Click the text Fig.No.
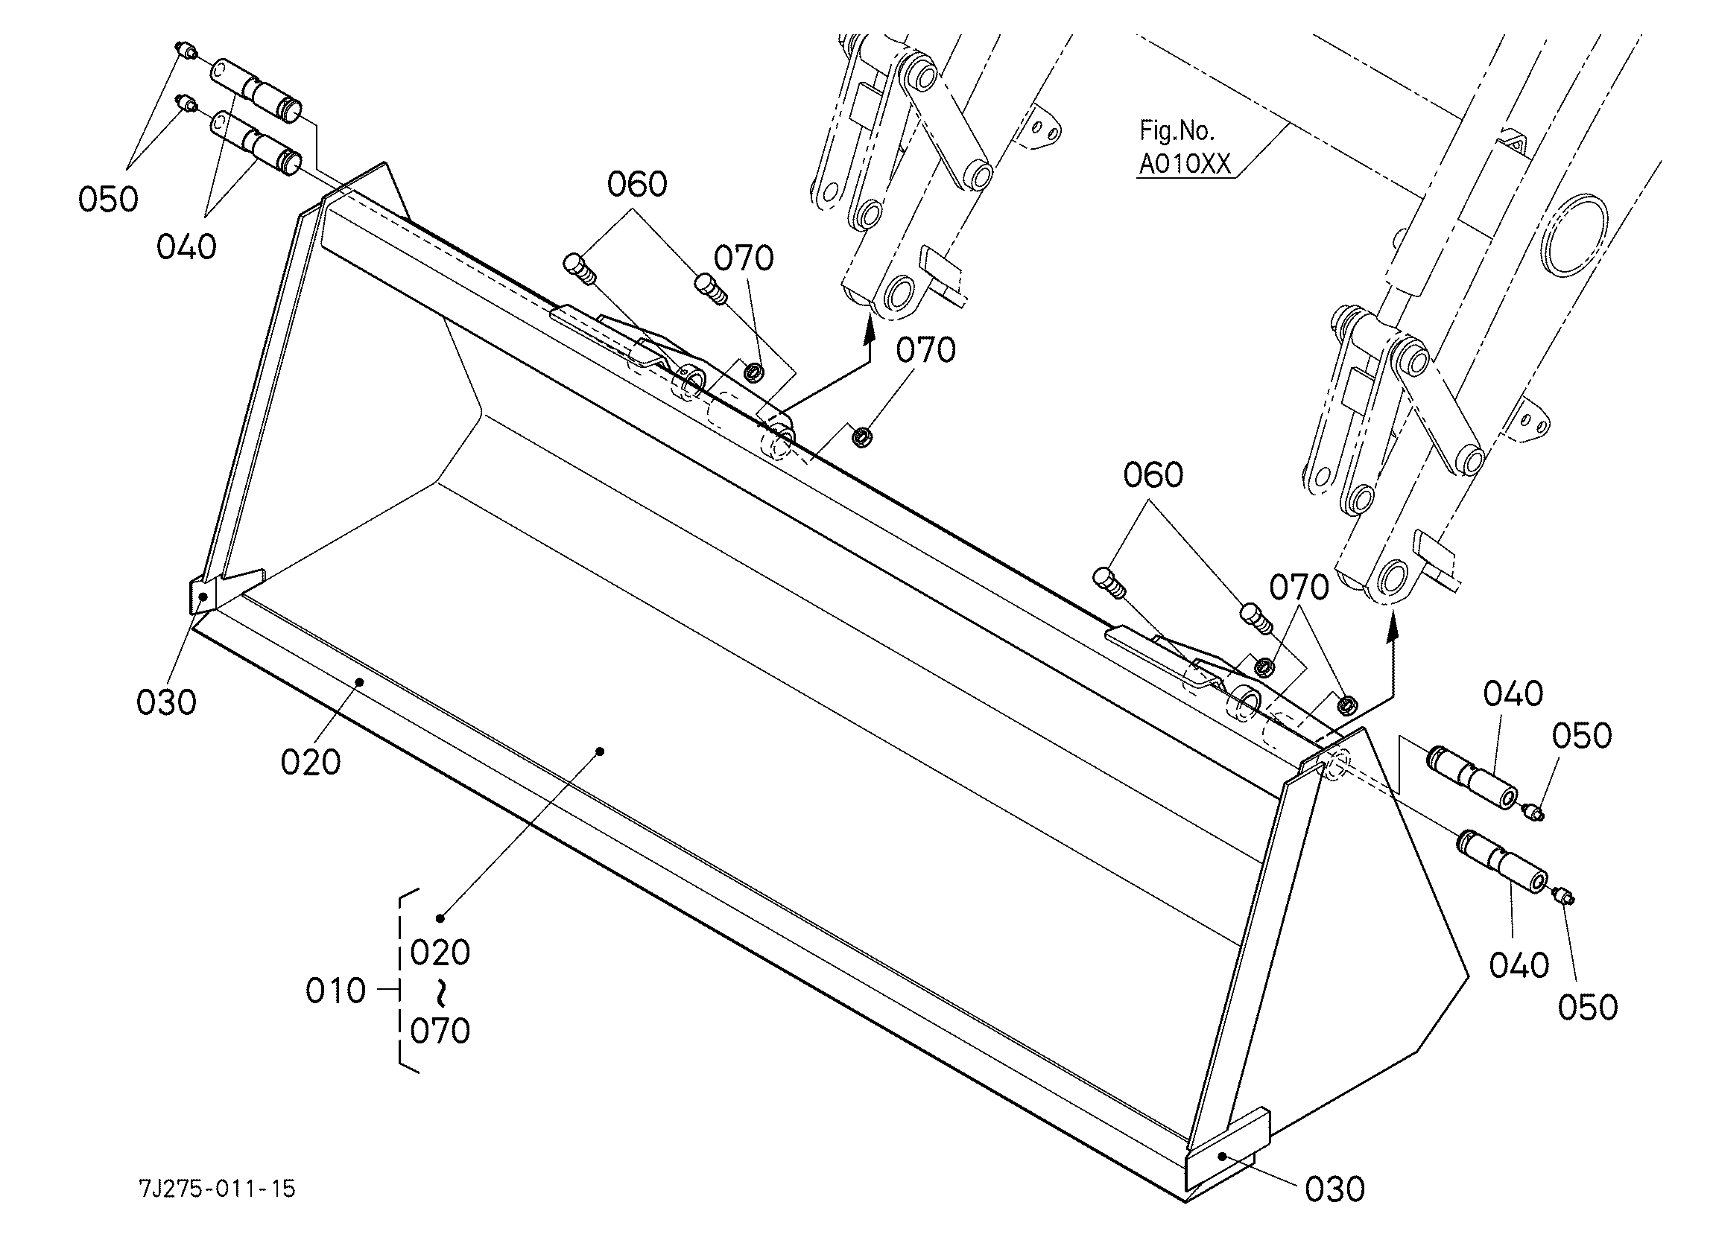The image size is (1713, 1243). point(1177,131)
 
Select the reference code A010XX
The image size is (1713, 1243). point(1184,164)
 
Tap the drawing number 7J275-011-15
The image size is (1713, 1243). point(218,1189)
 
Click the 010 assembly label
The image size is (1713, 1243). point(335,991)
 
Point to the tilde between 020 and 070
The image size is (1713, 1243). point(440,992)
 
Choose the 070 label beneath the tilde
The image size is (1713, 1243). point(440,1031)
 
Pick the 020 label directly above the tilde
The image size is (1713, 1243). point(440,953)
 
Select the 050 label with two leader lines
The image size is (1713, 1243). point(108,200)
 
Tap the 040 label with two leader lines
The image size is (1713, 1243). point(186,247)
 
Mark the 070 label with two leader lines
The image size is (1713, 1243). point(1298,588)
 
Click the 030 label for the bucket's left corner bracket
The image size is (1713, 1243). point(166,702)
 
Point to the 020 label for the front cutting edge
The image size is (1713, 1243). point(311,763)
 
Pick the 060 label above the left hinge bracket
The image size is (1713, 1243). point(637,185)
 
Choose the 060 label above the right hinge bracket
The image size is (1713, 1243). point(1153,476)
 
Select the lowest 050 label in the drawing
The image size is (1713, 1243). point(1588,1008)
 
